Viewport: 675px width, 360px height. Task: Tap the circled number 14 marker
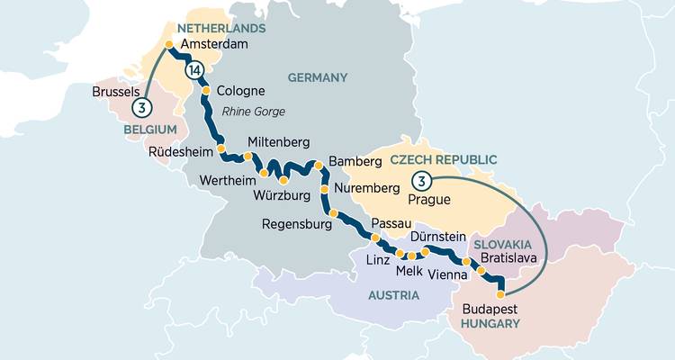[193, 70]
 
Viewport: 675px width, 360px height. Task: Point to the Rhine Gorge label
[253, 111]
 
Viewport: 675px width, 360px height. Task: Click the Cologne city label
[241, 92]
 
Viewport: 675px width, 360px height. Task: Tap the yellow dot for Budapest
[501, 290]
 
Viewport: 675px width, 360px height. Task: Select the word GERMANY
[317, 77]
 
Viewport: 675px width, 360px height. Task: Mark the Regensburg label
[298, 224]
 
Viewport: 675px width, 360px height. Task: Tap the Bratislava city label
[508, 257]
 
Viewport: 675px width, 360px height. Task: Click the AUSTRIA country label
[392, 295]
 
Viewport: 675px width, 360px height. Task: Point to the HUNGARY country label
[490, 322]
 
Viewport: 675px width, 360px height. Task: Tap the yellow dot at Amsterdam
[168, 44]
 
